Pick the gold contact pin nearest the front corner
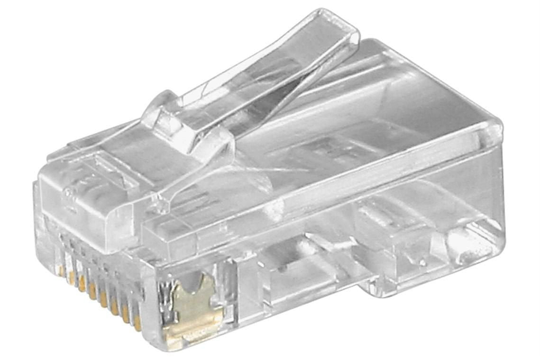(x=137, y=322)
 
